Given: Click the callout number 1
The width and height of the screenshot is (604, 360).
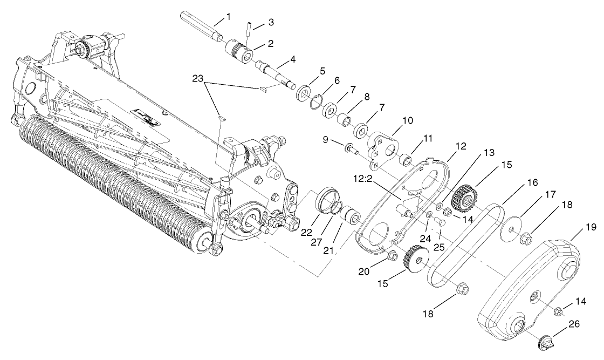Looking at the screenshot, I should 228,17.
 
